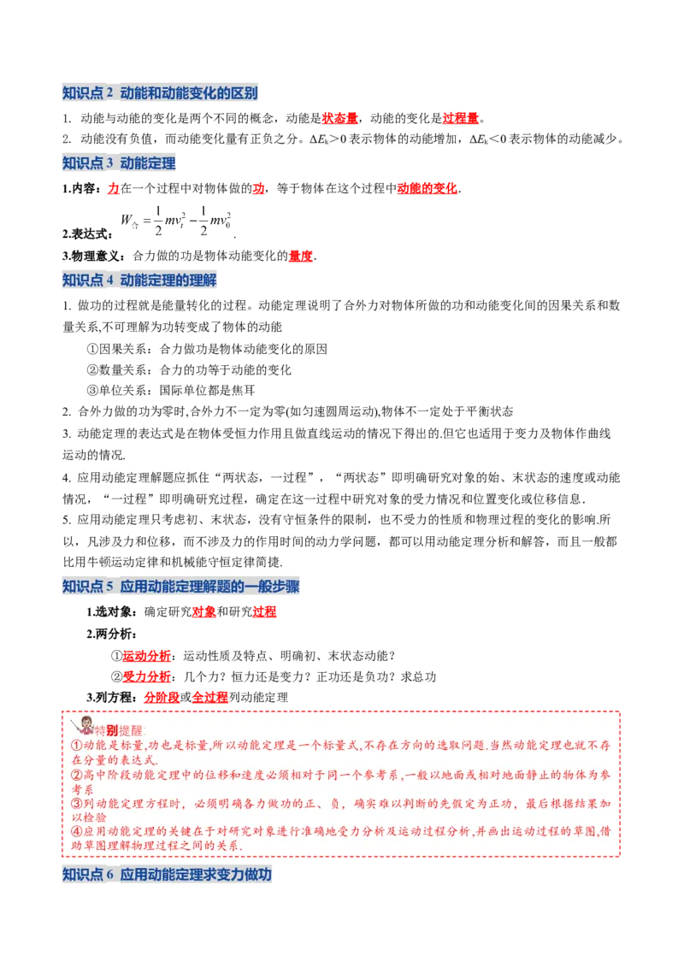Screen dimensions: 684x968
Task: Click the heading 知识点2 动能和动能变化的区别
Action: (x=160, y=93)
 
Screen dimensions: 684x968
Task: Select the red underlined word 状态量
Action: (x=339, y=118)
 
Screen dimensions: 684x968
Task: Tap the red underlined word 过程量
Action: (x=461, y=118)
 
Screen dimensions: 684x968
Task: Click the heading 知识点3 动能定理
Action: (x=119, y=163)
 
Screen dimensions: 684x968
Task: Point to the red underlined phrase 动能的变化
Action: (x=427, y=188)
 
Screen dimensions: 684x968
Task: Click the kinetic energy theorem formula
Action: (x=176, y=221)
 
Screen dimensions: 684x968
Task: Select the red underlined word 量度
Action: (x=301, y=256)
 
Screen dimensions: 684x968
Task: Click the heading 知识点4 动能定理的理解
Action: (x=139, y=280)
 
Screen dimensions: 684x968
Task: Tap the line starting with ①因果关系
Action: (x=207, y=349)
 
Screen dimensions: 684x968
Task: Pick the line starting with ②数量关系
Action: (x=188, y=369)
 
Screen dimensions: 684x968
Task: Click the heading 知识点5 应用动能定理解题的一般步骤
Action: (x=181, y=587)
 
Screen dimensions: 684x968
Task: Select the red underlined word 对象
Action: (x=204, y=611)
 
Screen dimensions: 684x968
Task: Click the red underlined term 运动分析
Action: (x=147, y=656)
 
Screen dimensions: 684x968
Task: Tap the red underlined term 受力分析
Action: (x=147, y=676)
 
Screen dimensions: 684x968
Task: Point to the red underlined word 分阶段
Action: (x=162, y=698)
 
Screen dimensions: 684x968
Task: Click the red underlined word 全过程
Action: (x=209, y=698)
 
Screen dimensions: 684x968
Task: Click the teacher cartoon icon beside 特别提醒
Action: (x=82, y=725)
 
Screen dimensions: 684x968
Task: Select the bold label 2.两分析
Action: (x=112, y=634)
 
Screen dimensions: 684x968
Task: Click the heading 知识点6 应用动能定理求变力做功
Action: (x=168, y=874)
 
